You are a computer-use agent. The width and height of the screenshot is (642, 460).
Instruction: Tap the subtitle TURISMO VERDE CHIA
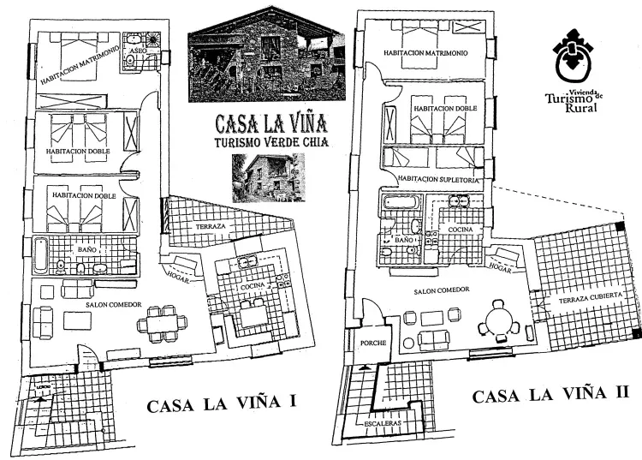pos(265,141)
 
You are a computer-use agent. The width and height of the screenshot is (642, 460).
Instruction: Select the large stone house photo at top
pos(266,62)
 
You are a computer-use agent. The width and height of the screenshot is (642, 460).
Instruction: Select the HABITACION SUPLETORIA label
pos(435,182)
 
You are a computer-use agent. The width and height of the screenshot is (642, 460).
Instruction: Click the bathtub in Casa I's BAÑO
pos(39,254)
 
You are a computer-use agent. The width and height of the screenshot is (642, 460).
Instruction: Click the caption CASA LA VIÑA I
pos(222,405)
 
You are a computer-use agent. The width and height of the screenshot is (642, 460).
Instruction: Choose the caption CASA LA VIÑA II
pos(552,396)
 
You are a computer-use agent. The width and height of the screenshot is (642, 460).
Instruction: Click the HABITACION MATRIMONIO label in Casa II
pos(425,52)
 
